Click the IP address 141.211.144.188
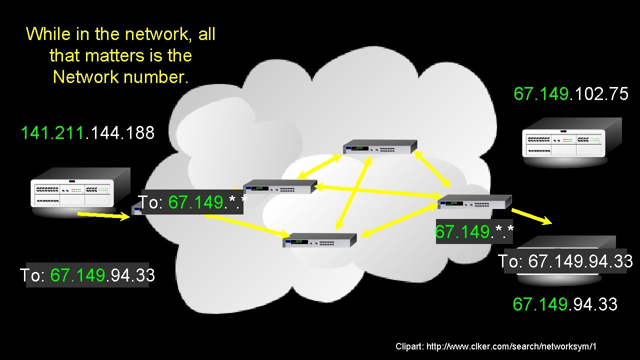[x=87, y=133]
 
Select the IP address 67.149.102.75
[x=570, y=94]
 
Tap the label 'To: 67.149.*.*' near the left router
[x=192, y=202]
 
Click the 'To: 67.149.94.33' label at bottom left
[x=87, y=275]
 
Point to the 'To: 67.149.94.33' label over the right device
[x=565, y=261]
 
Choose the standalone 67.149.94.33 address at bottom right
[x=565, y=304]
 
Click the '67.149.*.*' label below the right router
[x=474, y=232]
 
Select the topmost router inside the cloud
[x=380, y=147]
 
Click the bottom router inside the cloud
[x=320, y=240]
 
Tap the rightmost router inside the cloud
[x=474, y=201]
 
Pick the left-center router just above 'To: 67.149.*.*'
[x=280, y=186]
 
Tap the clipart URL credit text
[x=496, y=346]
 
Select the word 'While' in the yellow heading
[x=48, y=34]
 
